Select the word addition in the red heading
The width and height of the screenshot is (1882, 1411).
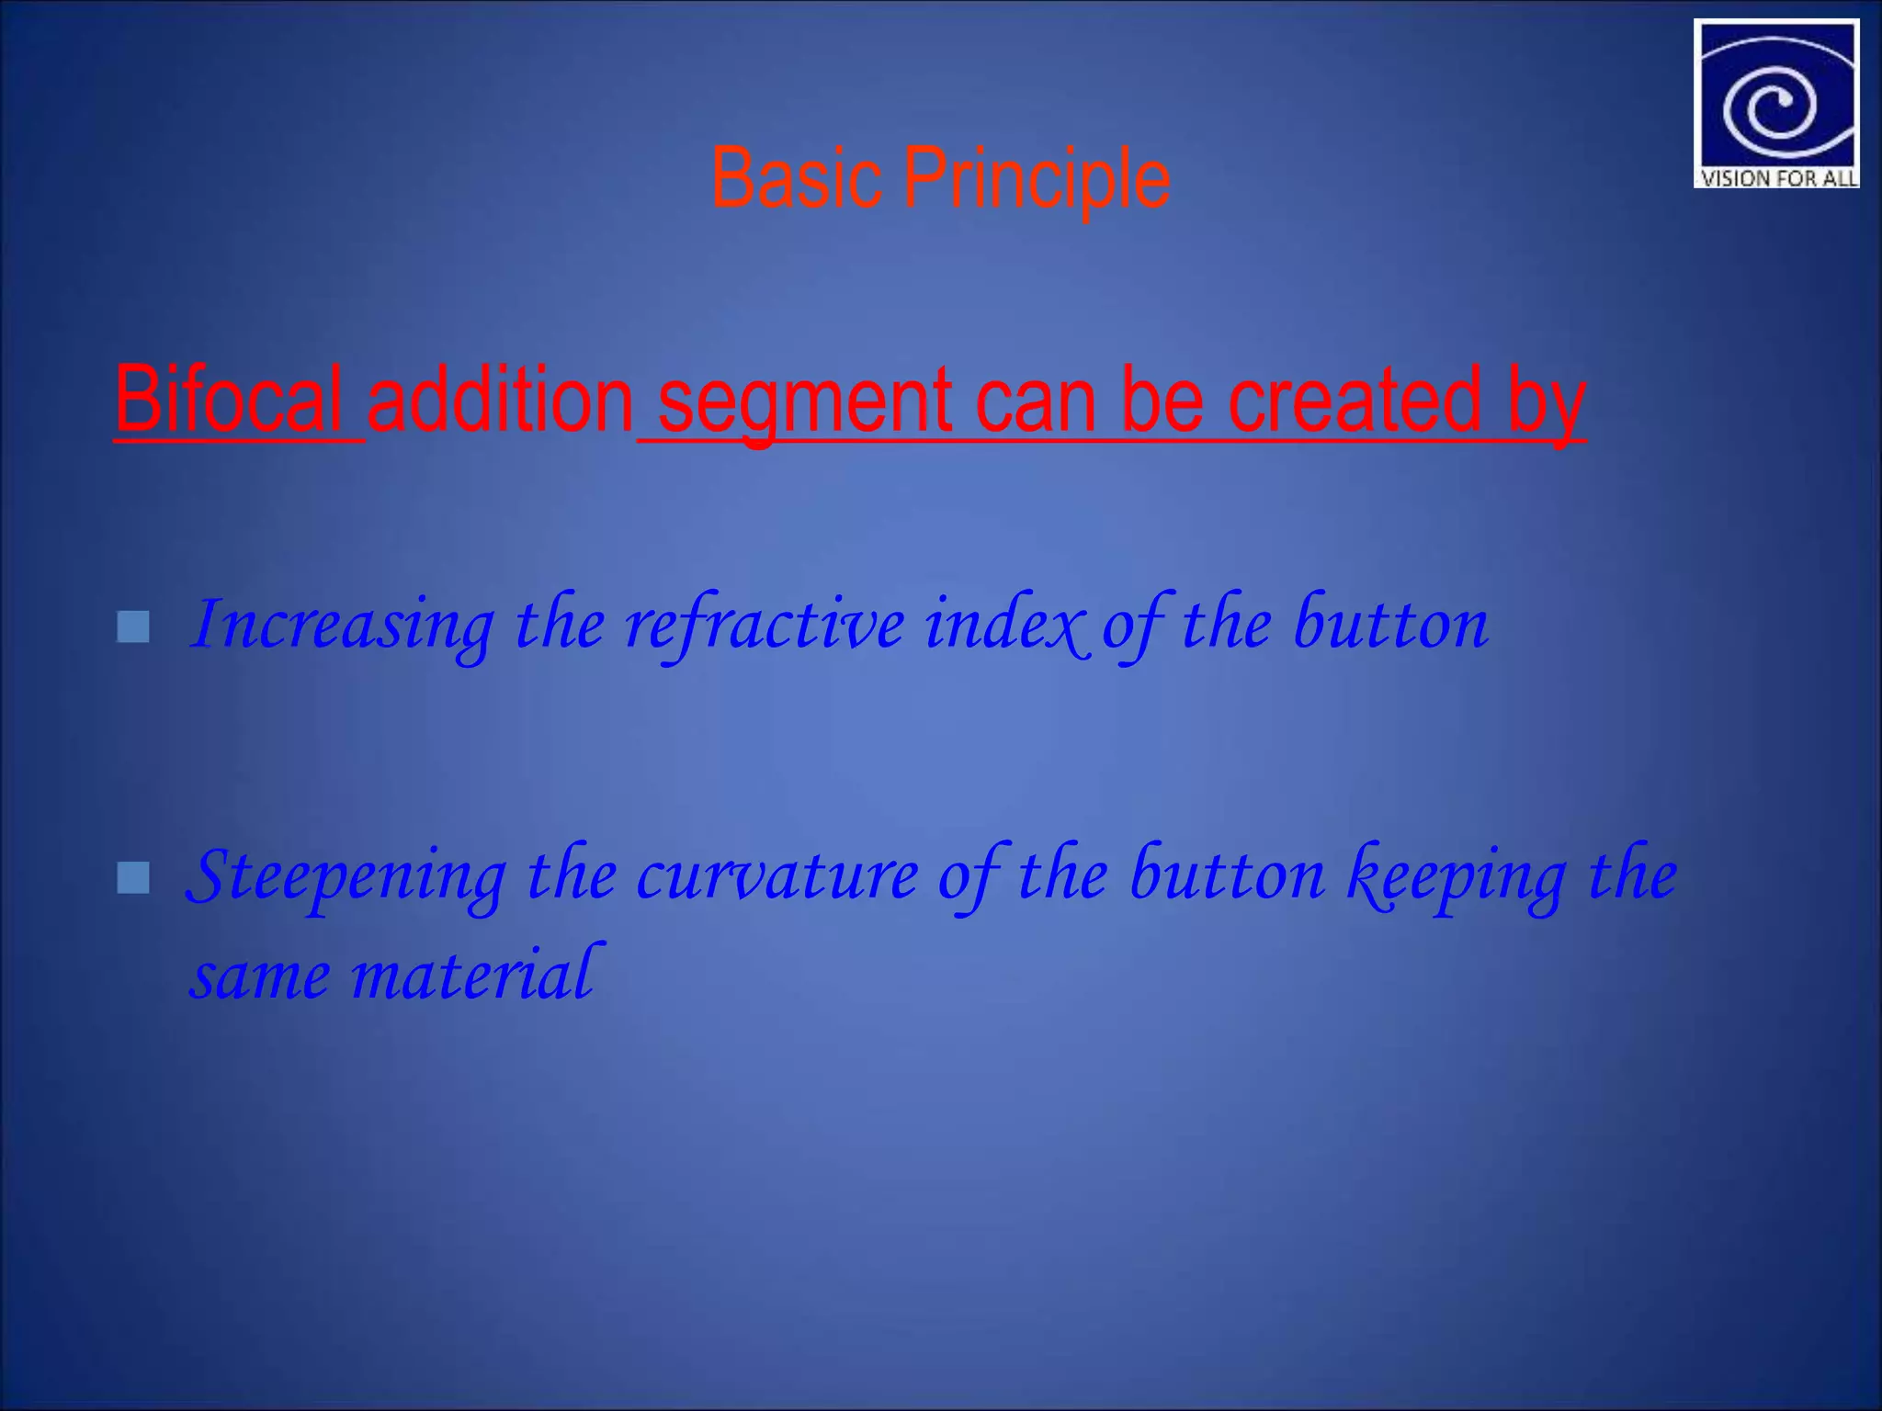[500, 401]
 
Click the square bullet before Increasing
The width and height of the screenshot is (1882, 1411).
[133, 627]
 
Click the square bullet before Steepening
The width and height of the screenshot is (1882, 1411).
[133, 878]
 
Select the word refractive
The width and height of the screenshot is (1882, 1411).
[765, 625]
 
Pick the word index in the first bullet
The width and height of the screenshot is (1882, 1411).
[1006, 625]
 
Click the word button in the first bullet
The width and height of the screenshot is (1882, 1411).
[1390, 625]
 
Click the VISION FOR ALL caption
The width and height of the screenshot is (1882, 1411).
[1777, 178]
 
